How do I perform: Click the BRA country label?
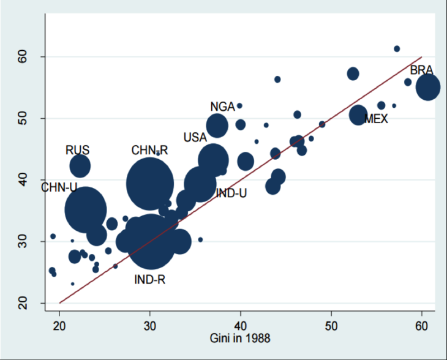[422, 70]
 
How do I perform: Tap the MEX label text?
[376, 119]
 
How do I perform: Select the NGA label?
[222, 107]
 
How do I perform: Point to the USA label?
[195, 137]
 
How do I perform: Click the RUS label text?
[78, 150]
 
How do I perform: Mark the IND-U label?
[231, 193]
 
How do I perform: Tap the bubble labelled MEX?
[358, 114]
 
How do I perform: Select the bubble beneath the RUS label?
[80, 165]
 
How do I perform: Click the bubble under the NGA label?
[217, 126]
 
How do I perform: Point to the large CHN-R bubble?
[150, 182]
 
